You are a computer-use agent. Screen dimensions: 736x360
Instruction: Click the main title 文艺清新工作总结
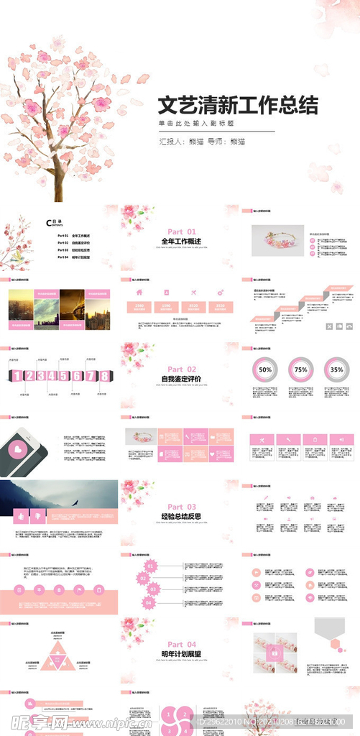pos(238,106)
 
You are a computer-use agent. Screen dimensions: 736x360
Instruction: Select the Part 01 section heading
pos(181,231)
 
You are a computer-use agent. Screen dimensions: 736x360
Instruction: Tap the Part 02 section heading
pos(181,369)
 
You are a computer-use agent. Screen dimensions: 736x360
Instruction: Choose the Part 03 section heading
pos(181,507)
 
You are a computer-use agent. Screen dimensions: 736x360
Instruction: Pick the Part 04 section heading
pos(181,644)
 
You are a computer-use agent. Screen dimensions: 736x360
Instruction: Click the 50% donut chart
pos(265,369)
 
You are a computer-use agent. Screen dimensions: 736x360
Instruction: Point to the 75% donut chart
pos(300,369)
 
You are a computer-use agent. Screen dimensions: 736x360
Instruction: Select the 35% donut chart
pos(336,369)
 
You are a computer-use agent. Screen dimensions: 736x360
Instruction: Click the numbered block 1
pos(17,376)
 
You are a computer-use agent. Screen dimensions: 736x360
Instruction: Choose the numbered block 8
pos(104,376)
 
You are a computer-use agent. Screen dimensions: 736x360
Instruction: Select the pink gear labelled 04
pos(149,602)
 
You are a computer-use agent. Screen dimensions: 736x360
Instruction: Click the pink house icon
pos(139,292)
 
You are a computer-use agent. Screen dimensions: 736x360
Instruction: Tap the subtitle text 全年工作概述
pos(181,241)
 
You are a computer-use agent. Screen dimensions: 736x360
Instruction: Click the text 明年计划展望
pos(181,654)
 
